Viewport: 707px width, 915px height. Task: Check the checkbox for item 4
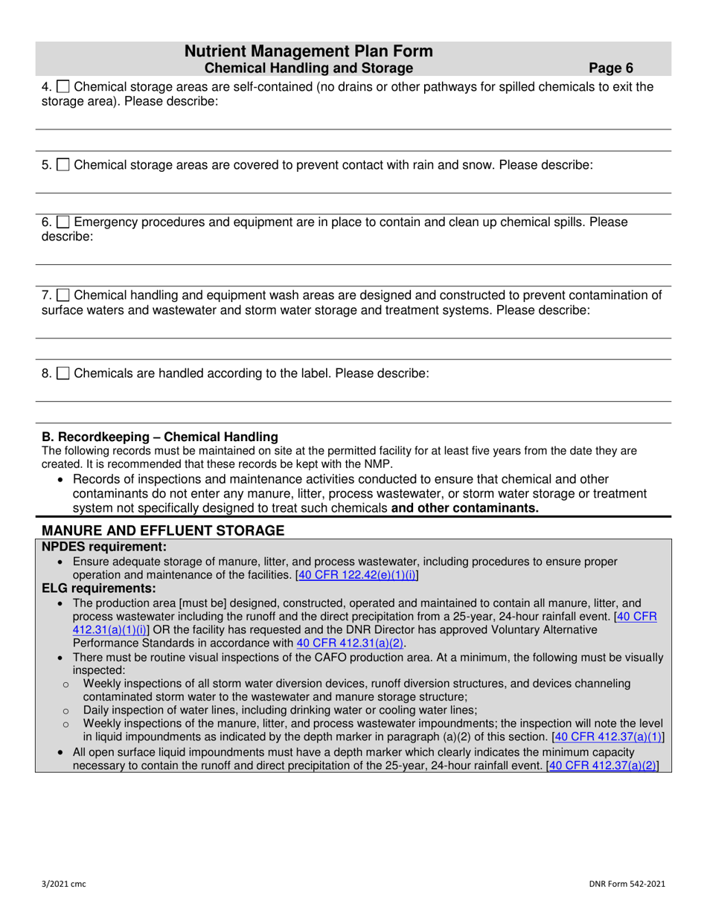[63, 87]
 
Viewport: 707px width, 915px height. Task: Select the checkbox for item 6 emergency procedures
[63, 222]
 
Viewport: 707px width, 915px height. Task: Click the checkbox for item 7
[63, 295]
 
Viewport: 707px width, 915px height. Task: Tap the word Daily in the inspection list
[97, 710]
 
